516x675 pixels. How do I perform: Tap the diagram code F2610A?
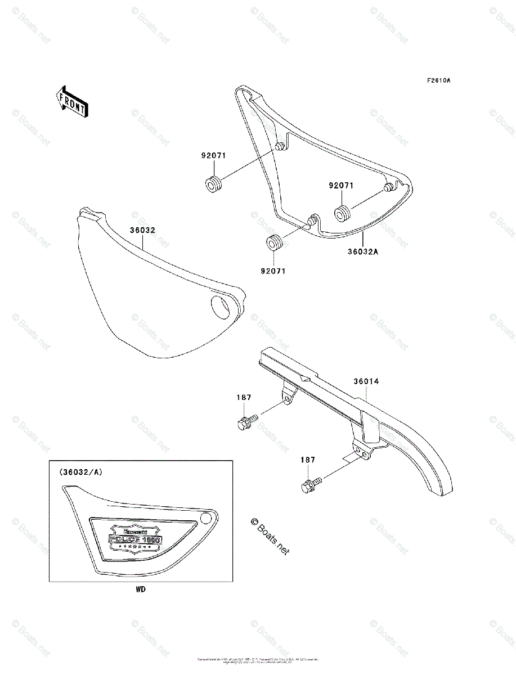click(x=438, y=80)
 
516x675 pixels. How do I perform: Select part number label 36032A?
click(x=362, y=251)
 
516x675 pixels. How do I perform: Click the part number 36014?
click(x=366, y=381)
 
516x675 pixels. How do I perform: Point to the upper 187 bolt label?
click(x=244, y=398)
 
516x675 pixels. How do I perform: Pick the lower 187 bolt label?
click(x=307, y=460)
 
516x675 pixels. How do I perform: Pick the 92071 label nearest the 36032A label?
click(x=342, y=185)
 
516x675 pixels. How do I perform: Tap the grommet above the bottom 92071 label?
click(x=274, y=243)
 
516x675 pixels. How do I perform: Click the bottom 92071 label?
click(x=273, y=271)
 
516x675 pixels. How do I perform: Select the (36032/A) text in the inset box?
click(x=80, y=472)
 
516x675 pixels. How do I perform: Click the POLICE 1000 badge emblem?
click(x=136, y=538)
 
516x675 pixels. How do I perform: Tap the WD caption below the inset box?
click(x=141, y=590)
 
